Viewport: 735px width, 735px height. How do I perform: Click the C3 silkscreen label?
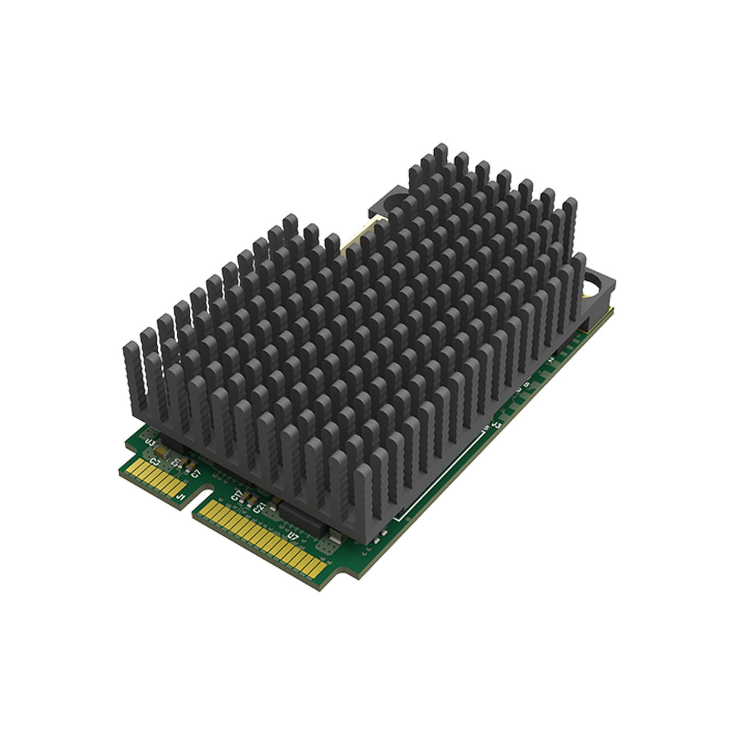pyautogui.click(x=156, y=463)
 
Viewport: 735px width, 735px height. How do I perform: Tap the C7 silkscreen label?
pyautogui.click(x=194, y=473)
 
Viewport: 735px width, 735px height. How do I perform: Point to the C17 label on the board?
pyautogui.click(x=237, y=498)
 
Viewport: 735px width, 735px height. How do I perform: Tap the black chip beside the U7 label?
pyautogui.click(x=303, y=518)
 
